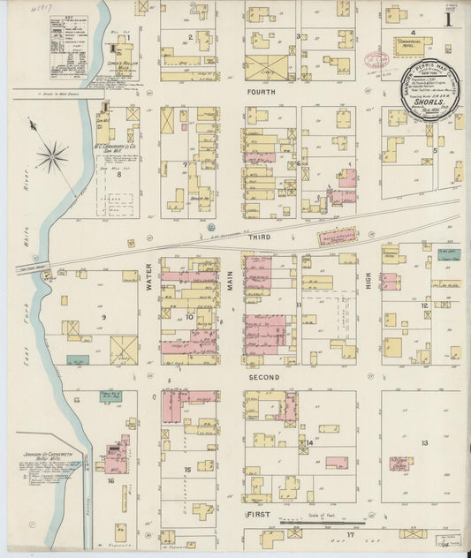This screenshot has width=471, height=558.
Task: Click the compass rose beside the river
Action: pyautogui.click(x=52, y=158)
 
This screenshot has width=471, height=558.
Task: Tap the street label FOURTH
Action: pyautogui.click(x=264, y=90)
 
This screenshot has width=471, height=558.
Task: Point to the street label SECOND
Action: pyautogui.click(x=264, y=377)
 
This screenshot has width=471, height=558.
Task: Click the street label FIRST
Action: pyautogui.click(x=257, y=513)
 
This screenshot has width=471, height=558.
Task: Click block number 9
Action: pyautogui.click(x=103, y=316)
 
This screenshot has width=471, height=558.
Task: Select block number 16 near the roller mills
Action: pyautogui.click(x=111, y=481)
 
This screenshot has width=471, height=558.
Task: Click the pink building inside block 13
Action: pyautogui.click(x=336, y=462)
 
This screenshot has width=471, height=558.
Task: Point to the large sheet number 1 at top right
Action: pyautogui.click(x=450, y=19)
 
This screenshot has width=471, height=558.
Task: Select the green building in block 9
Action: pyautogui.click(x=78, y=360)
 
